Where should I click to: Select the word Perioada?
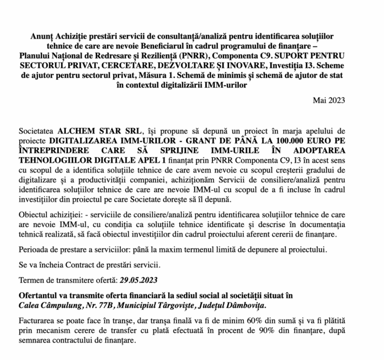point(36,248)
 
